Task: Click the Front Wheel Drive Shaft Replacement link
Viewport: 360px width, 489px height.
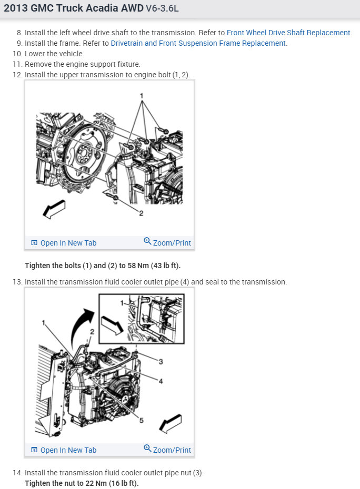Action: click(289, 33)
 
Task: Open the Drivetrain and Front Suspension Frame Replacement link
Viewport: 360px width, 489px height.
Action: click(198, 43)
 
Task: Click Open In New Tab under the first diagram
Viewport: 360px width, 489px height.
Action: click(64, 242)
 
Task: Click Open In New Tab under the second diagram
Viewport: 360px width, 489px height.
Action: click(64, 450)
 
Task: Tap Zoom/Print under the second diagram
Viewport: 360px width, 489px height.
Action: click(167, 450)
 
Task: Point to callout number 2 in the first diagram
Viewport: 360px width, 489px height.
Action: click(141, 213)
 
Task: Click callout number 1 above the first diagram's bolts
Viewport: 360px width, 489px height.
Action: click(142, 96)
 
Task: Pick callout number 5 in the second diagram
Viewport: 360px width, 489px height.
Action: click(142, 421)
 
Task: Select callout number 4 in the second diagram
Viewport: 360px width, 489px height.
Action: click(161, 381)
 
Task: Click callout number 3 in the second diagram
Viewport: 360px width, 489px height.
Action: click(161, 362)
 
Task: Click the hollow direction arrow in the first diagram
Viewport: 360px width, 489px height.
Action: click(54, 209)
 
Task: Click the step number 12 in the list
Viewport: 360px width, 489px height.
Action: click(17, 75)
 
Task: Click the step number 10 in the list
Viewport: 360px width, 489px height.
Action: click(17, 54)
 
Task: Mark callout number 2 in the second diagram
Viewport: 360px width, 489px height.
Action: click(92, 332)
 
